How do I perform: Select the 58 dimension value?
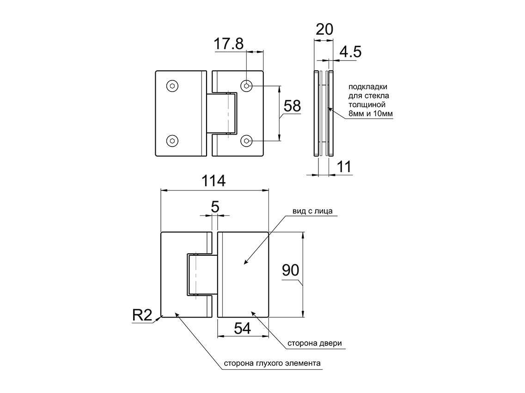(x=292, y=106)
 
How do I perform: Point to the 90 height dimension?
(x=291, y=270)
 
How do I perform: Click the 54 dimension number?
(x=242, y=328)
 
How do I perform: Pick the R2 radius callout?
(x=142, y=315)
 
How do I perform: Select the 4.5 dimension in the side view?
(x=350, y=51)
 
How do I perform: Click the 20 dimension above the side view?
(x=324, y=29)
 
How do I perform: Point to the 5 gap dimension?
(x=215, y=207)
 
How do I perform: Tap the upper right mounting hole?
(x=247, y=86)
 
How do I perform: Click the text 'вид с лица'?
(x=312, y=211)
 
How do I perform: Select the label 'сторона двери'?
(x=315, y=344)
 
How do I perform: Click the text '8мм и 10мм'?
(x=370, y=113)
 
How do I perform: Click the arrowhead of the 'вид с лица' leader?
(x=244, y=264)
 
